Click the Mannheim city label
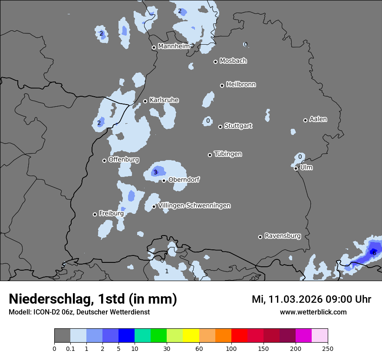click(174, 46)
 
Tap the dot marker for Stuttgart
click(220, 127)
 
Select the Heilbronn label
click(241, 85)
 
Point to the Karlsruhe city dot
click(145, 101)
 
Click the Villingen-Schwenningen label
click(194, 206)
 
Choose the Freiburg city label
click(111, 213)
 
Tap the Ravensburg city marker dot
click(260, 237)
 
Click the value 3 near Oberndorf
click(155, 173)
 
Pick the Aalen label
click(318, 119)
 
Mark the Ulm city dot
click(296, 168)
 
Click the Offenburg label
click(124, 160)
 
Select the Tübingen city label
click(228, 154)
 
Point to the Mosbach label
click(233, 61)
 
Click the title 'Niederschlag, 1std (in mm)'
click(93, 299)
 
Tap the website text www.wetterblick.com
click(313, 312)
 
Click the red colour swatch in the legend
click(239, 336)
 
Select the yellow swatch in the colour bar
click(191, 336)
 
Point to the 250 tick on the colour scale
click(328, 348)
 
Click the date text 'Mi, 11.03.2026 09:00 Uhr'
click(311, 299)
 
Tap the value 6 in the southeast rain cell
click(374, 253)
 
